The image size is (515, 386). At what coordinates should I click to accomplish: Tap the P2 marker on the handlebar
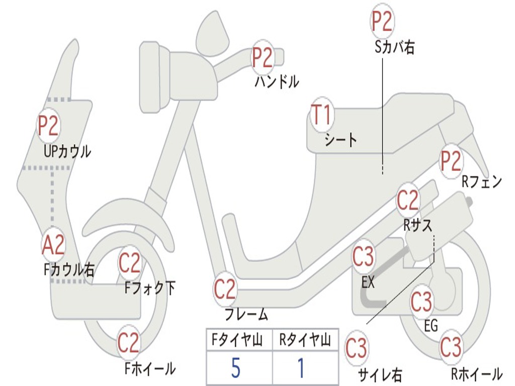[x=262, y=57]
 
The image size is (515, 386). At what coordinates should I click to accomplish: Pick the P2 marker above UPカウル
[x=48, y=126]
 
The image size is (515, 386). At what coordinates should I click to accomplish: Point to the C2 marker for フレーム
[x=225, y=289]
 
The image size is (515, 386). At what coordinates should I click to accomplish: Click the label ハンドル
[x=277, y=81]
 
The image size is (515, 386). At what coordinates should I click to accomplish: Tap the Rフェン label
[x=482, y=181]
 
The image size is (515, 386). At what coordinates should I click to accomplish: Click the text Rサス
[x=417, y=225]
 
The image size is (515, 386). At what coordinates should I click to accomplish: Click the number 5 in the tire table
[x=236, y=368]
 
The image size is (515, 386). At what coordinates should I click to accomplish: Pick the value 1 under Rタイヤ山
[x=301, y=368]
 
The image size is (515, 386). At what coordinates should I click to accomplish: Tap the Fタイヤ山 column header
[x=236, y=341]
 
